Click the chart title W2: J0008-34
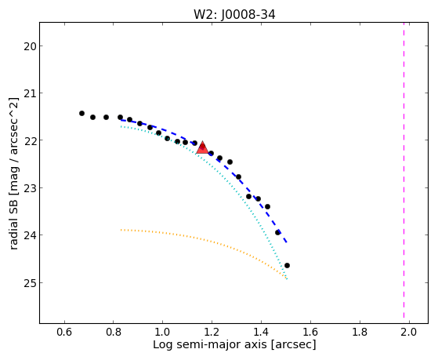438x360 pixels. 234,14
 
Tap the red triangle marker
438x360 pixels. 202,148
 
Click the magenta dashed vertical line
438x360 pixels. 404,170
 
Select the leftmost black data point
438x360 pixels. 81,113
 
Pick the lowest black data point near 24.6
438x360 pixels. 287,265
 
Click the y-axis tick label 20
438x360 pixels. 30,46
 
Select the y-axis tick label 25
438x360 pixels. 30,283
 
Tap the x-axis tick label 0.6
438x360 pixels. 64,332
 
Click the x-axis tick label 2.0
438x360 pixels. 409,332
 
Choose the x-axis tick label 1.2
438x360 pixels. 212,332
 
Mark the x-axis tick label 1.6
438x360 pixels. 310,332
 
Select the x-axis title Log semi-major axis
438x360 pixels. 210,344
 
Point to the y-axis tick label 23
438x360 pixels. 30,188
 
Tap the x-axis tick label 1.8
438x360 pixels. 360,332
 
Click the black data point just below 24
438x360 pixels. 277,232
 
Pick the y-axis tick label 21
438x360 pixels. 30,93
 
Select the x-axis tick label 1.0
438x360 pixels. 163,332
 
